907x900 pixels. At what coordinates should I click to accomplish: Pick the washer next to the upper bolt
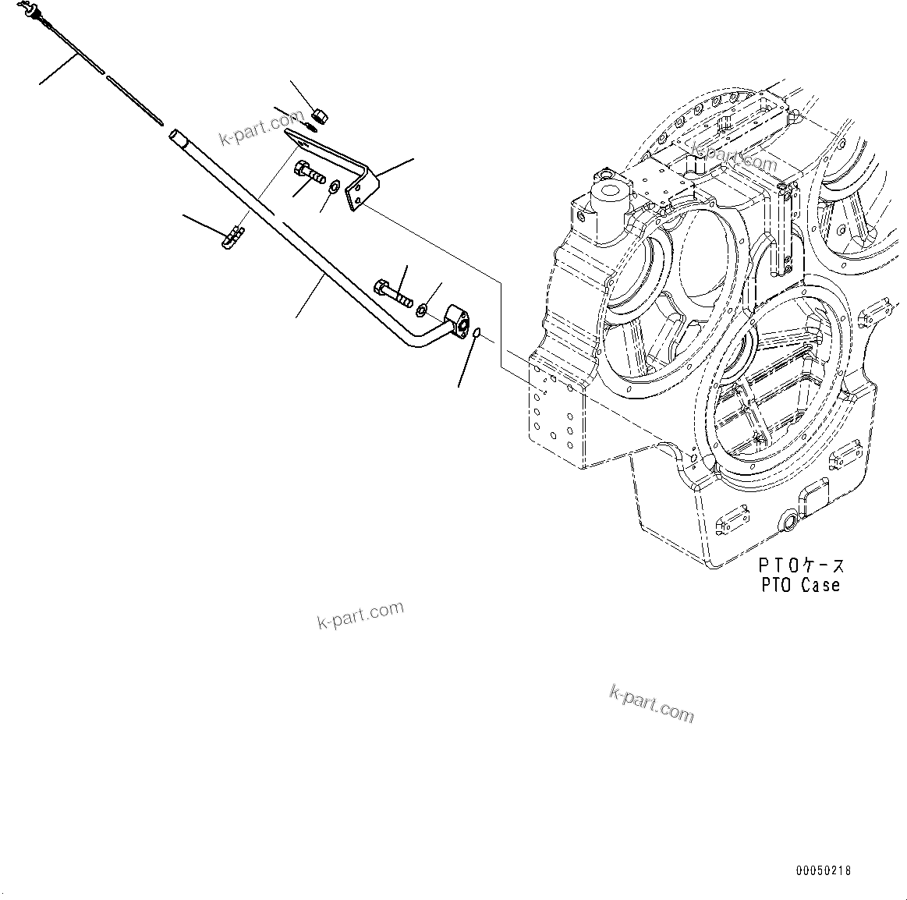click(x=335, y=188)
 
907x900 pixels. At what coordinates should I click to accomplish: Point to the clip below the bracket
click(x=233, y=236)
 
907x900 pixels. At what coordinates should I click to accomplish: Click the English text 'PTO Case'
click(x=801, y=584)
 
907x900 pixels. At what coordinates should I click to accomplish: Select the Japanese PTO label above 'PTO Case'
click(x=802, y=565)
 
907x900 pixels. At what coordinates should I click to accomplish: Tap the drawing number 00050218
click(x=824, y=870)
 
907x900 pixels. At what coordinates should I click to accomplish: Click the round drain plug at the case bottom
click(x=788, y=521)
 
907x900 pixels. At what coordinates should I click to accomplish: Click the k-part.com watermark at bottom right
click(x=651, y=703)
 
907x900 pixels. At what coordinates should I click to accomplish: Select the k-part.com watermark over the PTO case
click(x=734, y=158)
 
